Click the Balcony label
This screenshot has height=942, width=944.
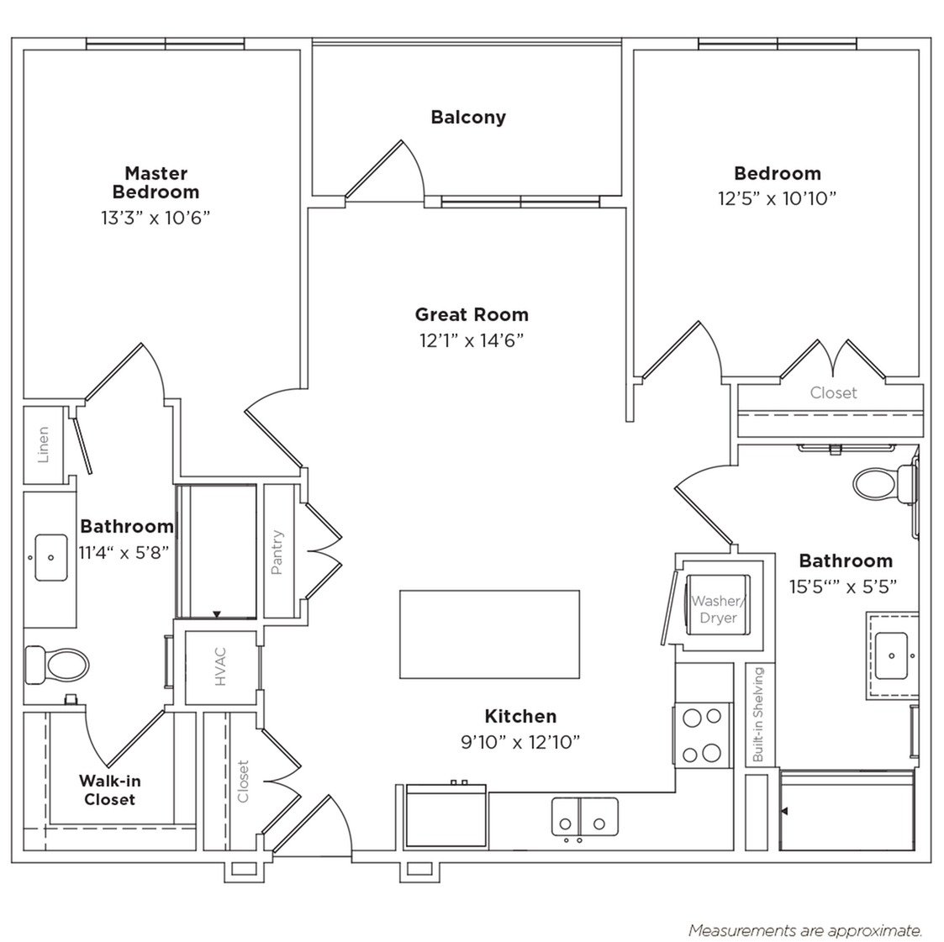pos(468,117)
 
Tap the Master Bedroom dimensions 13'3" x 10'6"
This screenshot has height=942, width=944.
pos(156,218)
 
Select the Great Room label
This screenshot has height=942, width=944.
pos(472,315)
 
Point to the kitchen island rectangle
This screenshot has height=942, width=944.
pos(489,634)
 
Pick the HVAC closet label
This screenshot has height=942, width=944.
pos(221,668)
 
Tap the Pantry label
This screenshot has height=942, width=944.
pos(277,552)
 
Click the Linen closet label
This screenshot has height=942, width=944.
pos(44,445)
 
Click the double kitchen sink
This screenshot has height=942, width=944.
pos(584,815)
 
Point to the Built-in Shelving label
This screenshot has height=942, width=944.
pos(757,715)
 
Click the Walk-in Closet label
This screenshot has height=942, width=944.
pos(110,790)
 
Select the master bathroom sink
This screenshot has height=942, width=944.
pos(51,557)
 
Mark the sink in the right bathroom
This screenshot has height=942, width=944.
pos(891,650)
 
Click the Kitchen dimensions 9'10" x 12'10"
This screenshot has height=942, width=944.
pos(520,742)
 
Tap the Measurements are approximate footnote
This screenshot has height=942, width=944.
pos(805,930)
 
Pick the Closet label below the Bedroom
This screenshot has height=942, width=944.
pos(833,392)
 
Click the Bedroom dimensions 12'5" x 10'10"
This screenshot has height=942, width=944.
pos(777,198)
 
